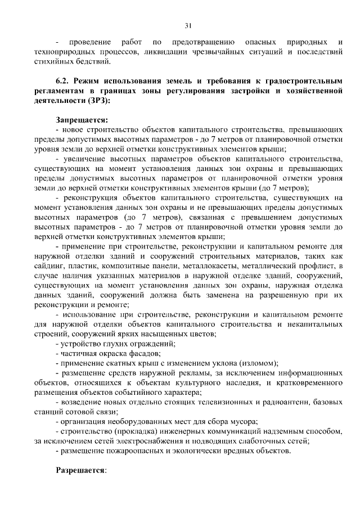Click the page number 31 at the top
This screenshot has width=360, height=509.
click(x=188, y=24)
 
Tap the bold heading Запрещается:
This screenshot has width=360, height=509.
click(x=82, y=120)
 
